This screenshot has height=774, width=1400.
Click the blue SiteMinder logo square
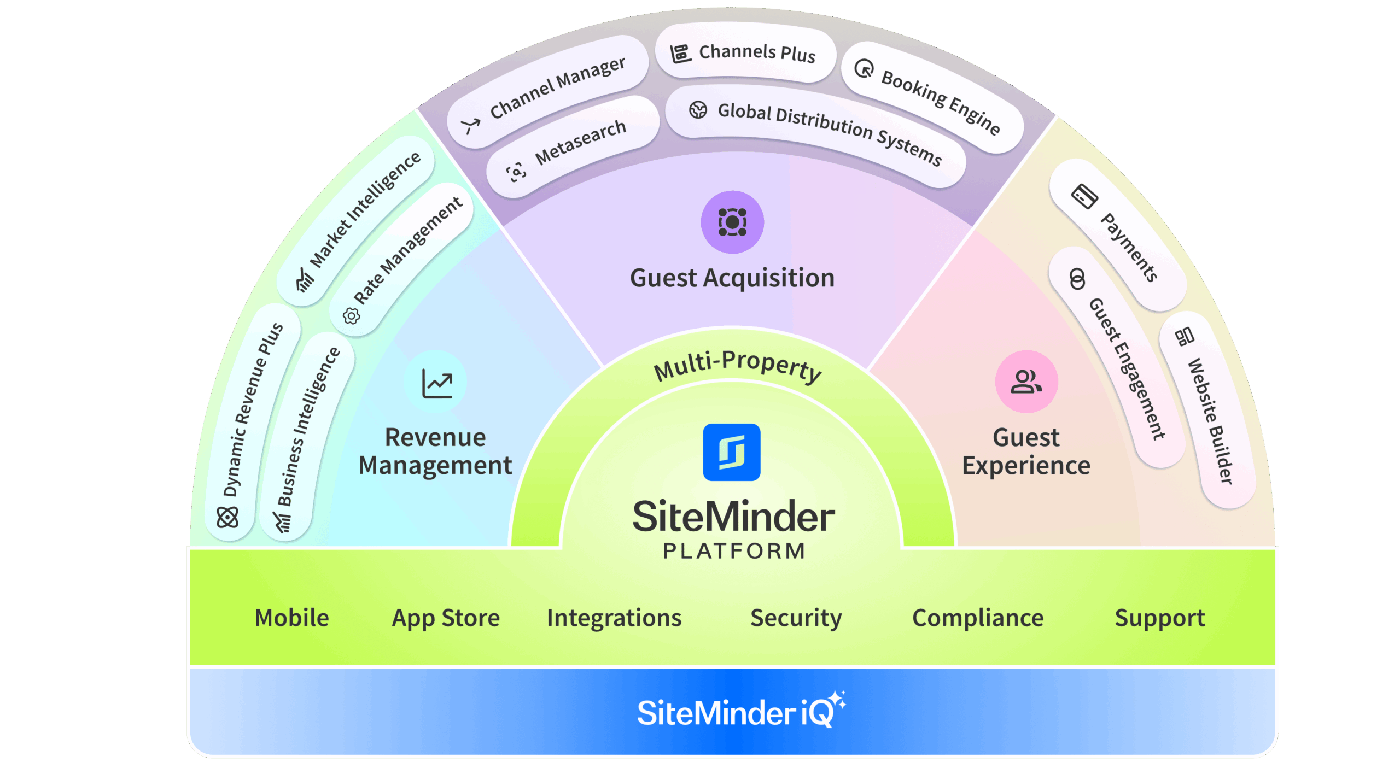click(731, 451)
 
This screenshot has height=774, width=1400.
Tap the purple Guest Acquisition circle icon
click(732, 221)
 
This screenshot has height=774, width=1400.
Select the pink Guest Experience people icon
click(1026, 381)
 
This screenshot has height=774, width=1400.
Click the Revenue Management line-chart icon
click(436, 383)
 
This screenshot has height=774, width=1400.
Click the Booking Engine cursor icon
click(864, 69)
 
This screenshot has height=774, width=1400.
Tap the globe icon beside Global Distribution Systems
click(698, 109)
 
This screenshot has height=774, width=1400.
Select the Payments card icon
click(1084, 196)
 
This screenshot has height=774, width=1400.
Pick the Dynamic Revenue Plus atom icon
click(227, 517)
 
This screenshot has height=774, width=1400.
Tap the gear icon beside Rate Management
click(351, 315)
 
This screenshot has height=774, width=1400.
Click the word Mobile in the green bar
click(292, 618)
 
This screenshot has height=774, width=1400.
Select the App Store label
click(446, 618)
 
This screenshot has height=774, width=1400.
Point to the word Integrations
click(614, 618)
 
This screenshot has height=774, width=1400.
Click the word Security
click(796, 618)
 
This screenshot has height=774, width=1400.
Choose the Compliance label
click(978, 618)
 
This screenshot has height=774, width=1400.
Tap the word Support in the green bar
click(1159, 618)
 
